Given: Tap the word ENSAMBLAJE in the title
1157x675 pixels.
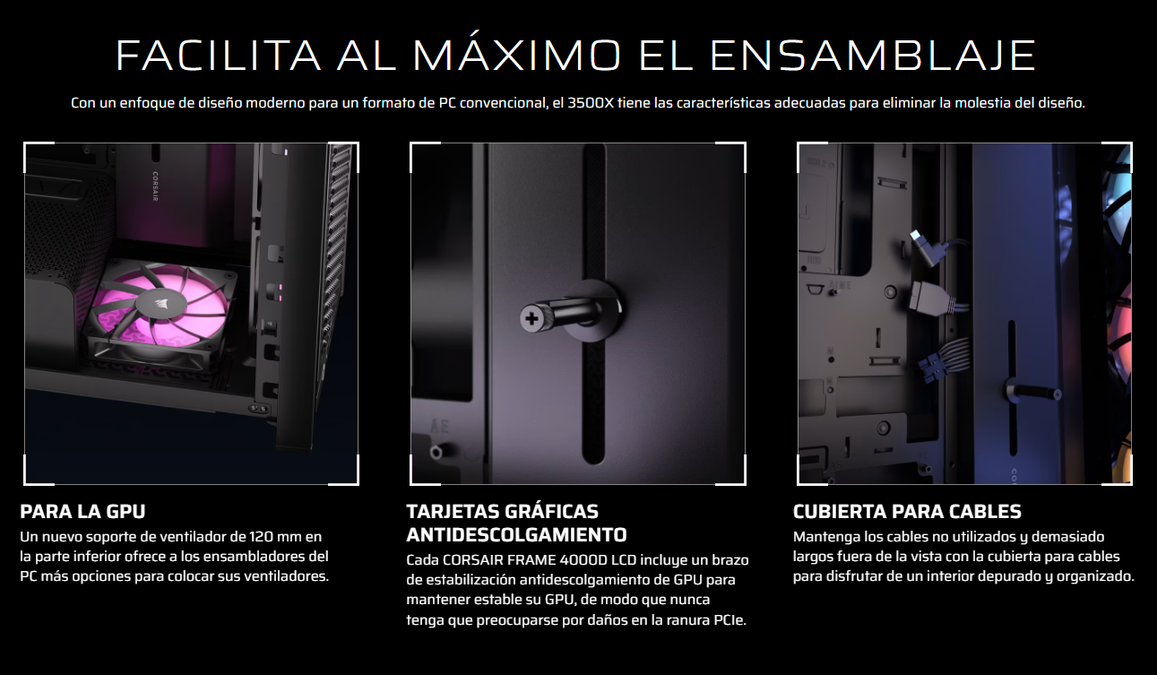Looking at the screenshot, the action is tap(873, 55).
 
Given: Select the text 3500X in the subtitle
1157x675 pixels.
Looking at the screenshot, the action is tap(591, 103).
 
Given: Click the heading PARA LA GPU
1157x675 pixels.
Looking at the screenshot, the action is tap(82, 511).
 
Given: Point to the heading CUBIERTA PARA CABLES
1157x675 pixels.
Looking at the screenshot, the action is tap(907, 511).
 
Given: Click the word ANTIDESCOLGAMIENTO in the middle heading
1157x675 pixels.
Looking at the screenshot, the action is tap(516, 534).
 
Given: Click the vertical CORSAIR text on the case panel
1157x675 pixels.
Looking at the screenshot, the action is tap(155, 186).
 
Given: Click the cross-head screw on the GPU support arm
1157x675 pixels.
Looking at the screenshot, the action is tap(531, 318).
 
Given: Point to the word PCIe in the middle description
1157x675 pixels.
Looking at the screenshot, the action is tap(730, 619).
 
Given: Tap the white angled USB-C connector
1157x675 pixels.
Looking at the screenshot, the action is tap(925, 248).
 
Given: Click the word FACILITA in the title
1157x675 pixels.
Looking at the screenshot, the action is tap(218, 55).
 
